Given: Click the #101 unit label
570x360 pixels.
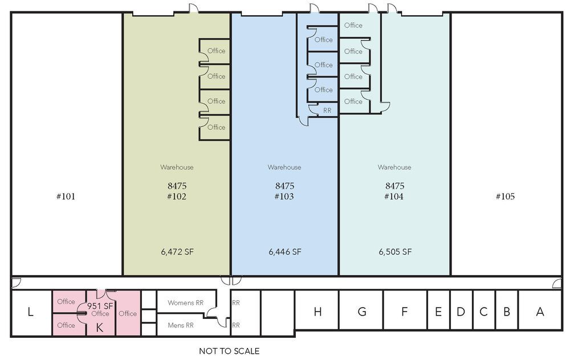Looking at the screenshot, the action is [66, 197].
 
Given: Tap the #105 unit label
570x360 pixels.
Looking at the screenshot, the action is [505, 197].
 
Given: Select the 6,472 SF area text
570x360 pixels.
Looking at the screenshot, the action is [177, 252].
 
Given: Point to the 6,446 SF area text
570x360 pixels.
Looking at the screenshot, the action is [285, 252].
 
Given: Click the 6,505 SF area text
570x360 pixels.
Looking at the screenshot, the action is [395, 252].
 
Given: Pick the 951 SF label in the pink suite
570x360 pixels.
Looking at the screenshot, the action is [100, 306].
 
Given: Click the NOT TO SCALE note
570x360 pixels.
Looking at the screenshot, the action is [229, 351].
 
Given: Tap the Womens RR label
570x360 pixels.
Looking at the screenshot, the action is [185, 302].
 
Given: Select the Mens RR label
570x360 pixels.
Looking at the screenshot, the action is [181, 325].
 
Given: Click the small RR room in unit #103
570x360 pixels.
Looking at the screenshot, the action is [327, 110].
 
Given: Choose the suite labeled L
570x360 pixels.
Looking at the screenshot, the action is [31, 312].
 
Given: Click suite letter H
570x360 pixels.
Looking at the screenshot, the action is [317, 312].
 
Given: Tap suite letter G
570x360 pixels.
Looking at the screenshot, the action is [362, 312].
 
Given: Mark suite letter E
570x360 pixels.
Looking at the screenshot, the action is [438, 312].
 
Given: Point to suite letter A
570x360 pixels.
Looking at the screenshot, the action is [540, 312].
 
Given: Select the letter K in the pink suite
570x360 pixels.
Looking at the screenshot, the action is [99, 328].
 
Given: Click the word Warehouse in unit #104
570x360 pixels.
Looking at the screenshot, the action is [394, 167].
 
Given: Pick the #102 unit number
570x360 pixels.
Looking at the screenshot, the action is [177, 197].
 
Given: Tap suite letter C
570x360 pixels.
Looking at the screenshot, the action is [483, 312].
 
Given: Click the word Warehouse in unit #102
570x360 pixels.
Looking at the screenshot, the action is [177, 167].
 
